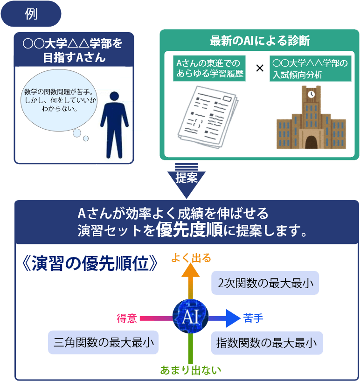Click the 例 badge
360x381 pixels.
click(x=31, y=14)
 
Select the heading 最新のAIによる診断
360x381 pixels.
click(x=260, y=41)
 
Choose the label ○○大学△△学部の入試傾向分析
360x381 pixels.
click(x=310, y=69)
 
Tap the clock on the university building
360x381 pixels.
click(x=311, y=93)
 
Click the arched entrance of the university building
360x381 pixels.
click(x=311, y=138)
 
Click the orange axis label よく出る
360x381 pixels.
click(x=191, y=257)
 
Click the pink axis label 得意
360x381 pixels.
click(x=126, y=319)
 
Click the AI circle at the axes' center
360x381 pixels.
click(x=190, y=317)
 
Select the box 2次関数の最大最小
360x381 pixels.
click(x=265, y=283)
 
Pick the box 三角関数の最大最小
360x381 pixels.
click(x=104, y=343)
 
